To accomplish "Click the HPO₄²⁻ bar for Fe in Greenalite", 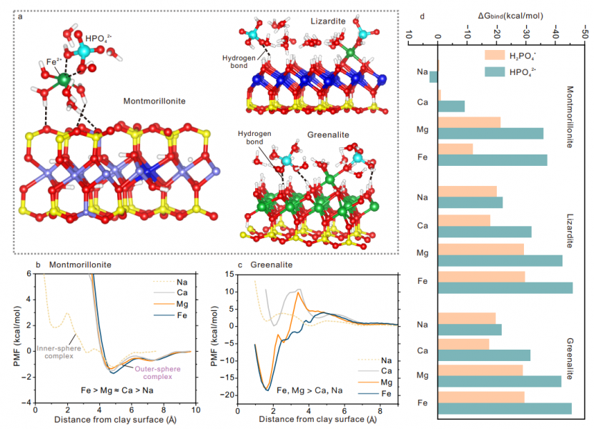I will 504,409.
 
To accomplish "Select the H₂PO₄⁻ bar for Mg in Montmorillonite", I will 468,122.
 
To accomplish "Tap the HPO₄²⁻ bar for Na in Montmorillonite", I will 433,77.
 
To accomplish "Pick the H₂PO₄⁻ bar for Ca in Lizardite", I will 463,220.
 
